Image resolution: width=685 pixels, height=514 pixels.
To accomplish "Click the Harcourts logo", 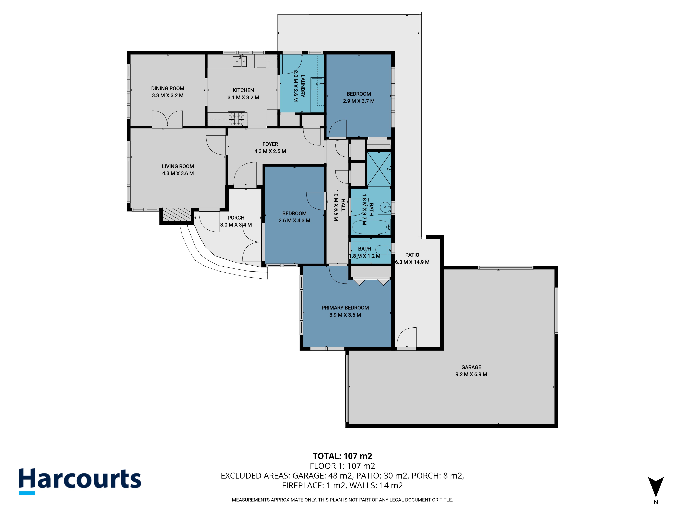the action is [x=80, y=481].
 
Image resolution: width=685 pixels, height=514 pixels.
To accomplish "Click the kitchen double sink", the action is [x=240, y=61].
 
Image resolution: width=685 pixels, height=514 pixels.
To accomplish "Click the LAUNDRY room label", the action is [x=303, y=86].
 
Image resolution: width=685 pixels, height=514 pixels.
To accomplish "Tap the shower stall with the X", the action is [x=379, y=169].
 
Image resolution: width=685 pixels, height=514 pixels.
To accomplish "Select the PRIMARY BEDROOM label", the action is [x=345, y=308].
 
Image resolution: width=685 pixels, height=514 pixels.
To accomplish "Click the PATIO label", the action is [x=412, y=255].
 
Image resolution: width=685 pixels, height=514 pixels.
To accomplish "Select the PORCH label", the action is [x=236, y=218].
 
